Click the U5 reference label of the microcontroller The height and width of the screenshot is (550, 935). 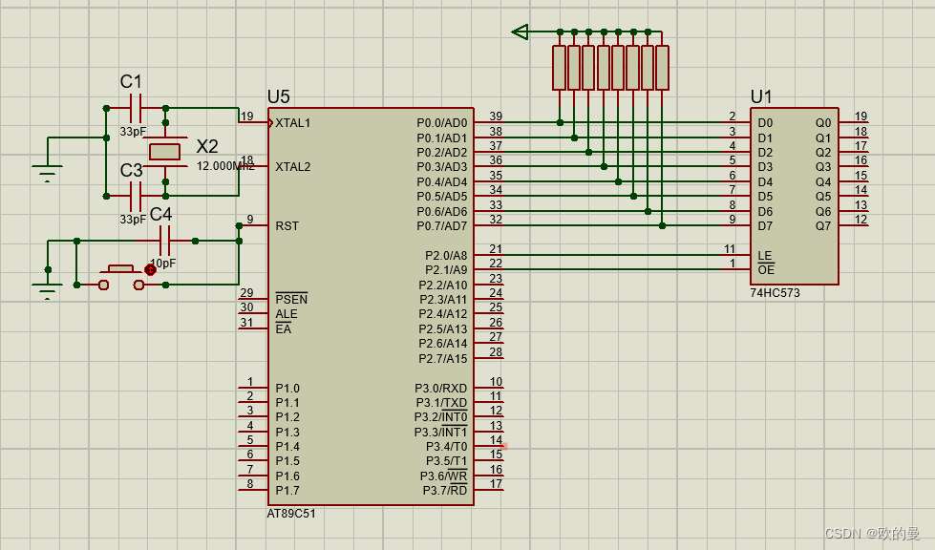point(278,96)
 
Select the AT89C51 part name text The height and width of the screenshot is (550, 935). point(292,513)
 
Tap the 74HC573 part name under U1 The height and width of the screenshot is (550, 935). point(775,293)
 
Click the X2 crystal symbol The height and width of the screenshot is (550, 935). point(165,152)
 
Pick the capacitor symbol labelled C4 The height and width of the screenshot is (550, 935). point(163,241)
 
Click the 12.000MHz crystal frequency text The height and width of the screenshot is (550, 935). point(225,165)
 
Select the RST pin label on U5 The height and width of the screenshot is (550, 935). point(287,226)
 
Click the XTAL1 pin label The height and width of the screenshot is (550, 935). point(292,123)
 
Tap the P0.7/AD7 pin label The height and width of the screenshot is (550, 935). point(442,226)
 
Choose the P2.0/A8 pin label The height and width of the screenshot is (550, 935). point(446,256)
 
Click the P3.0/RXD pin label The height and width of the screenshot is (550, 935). point(440,388)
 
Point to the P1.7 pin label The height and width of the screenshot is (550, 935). point(287,491)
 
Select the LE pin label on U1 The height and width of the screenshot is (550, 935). point(764,256)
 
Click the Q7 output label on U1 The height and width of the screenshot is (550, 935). point(823,226)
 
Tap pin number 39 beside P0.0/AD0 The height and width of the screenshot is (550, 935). point(496,116)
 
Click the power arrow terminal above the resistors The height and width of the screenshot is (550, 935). point(520,32)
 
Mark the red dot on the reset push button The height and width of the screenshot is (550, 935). point(150,270)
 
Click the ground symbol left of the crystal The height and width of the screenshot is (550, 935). point(47,173)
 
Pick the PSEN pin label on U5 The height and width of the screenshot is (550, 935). point(291,300)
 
